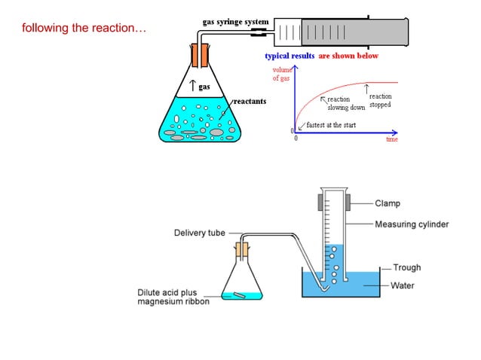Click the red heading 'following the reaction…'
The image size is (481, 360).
pos(82,29)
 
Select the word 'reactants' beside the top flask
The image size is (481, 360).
pos(250,101)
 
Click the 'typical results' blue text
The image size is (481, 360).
pos(290,56)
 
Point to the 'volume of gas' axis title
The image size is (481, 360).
pos(281,74)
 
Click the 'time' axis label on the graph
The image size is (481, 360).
pos(392,139)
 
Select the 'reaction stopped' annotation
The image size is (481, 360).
pos(380,100)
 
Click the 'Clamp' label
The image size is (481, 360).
pos(388,203)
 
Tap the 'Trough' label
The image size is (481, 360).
pos(407,267)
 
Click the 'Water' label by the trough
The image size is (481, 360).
pos(402,285)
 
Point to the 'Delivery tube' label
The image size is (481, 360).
pos(200,233)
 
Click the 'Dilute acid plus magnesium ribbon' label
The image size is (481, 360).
pos(173,297)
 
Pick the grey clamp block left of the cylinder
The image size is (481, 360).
pos(321,203)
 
